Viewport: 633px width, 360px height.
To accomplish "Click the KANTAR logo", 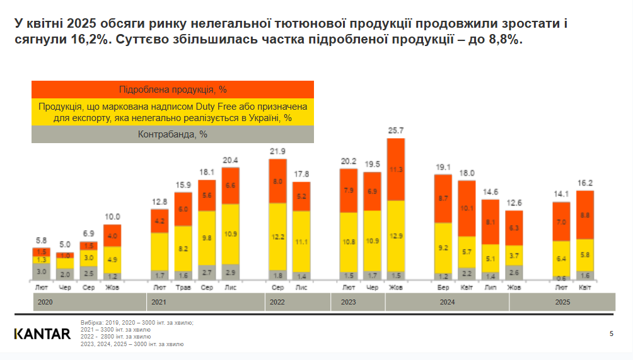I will click(42, 334).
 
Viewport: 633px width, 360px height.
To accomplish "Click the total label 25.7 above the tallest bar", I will click(396, 131).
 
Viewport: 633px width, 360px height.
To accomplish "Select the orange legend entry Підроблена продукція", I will click(173, 90).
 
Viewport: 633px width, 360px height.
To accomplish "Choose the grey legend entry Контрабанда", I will click(173, 134).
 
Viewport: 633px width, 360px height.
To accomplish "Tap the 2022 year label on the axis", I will click(277, 303).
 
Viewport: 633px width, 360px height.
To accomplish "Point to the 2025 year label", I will click(562, 303).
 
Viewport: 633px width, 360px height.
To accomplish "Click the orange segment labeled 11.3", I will click(396, 169).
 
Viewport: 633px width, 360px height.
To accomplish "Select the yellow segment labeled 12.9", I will click(396, 236).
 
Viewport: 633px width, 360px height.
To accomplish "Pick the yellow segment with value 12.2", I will click(277, 236).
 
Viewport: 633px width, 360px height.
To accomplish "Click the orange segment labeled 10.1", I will click(467, 208).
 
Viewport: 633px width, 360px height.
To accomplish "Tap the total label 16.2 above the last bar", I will click(585, 183).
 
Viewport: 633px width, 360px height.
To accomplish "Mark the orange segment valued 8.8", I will click(585, 214).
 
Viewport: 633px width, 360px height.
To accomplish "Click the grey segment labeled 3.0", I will click(41, 272).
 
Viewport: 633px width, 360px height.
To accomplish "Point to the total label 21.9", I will click(277, 151).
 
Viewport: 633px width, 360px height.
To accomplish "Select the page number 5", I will click(611, 334).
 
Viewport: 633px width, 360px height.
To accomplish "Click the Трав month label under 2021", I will click(183, 287).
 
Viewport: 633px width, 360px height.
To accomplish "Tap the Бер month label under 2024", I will click(443, 287).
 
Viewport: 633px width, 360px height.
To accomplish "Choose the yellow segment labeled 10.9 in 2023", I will click(373, 241).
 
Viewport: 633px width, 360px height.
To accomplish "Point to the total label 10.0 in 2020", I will click(112, 217).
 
